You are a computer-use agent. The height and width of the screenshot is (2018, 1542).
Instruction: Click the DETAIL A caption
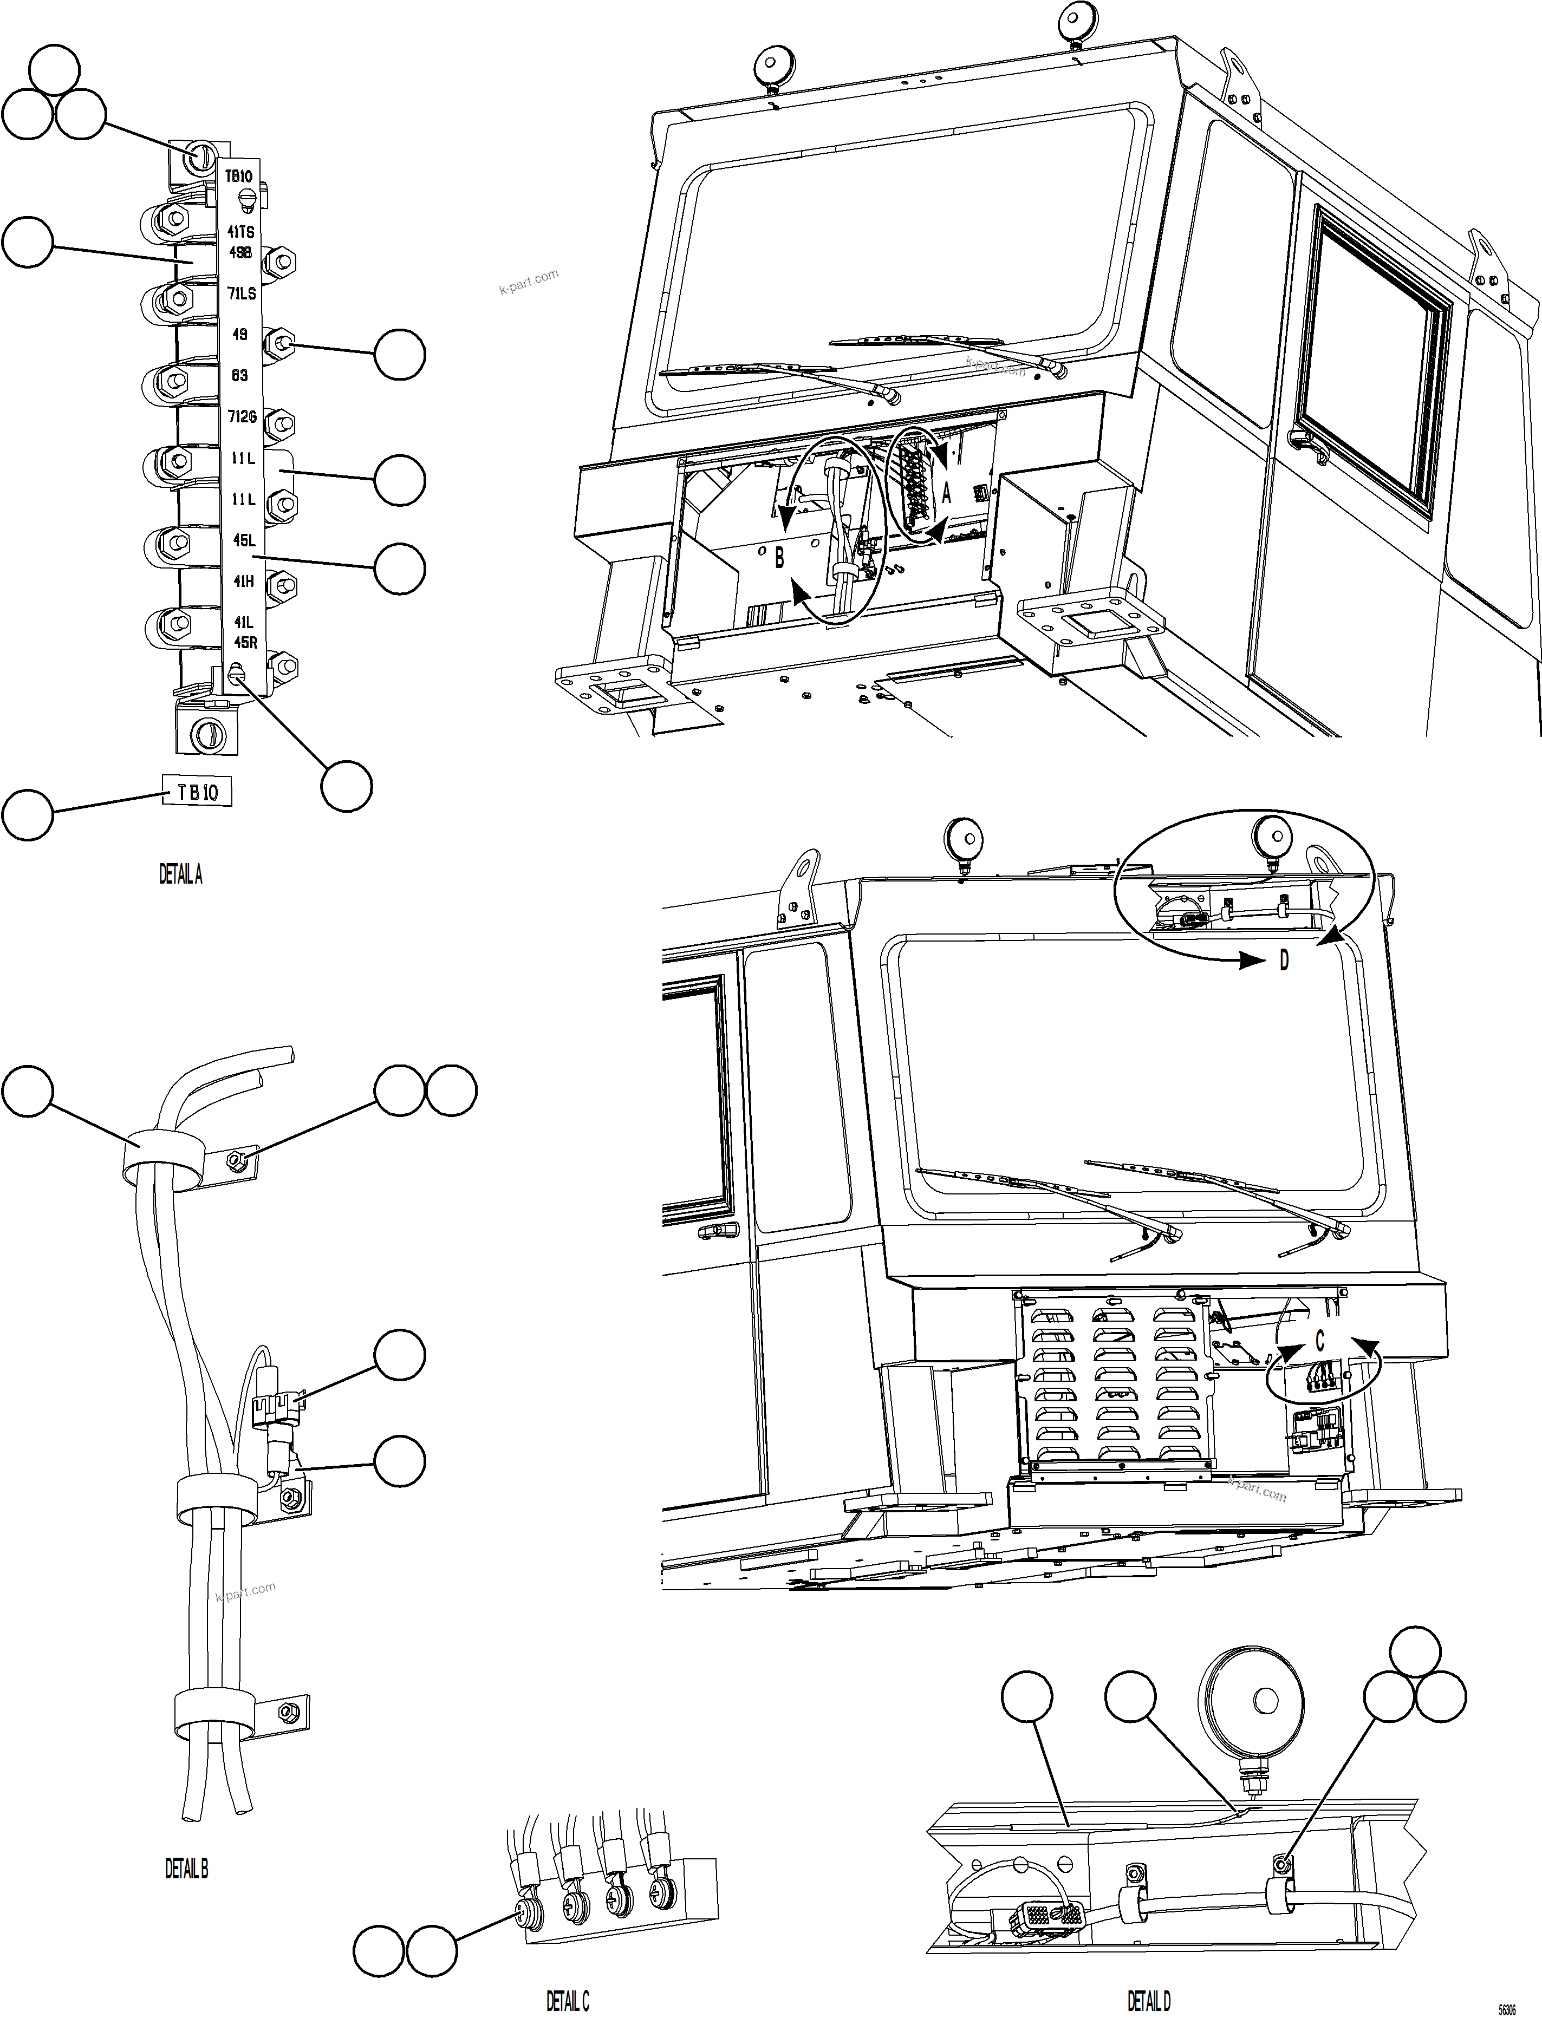click(x=181, y=876)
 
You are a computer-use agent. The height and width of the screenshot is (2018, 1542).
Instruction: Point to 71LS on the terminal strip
click(x=242, y=293)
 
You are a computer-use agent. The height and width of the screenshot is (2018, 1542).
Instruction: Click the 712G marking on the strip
click(x=242, y=416)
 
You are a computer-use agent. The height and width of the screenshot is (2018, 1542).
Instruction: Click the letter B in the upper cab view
click(x=779, y=557)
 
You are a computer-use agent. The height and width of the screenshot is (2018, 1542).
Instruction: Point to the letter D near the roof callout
click(x=1284, y=961)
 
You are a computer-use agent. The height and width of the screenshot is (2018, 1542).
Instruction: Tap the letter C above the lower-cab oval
click(x=1320, y=1342)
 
